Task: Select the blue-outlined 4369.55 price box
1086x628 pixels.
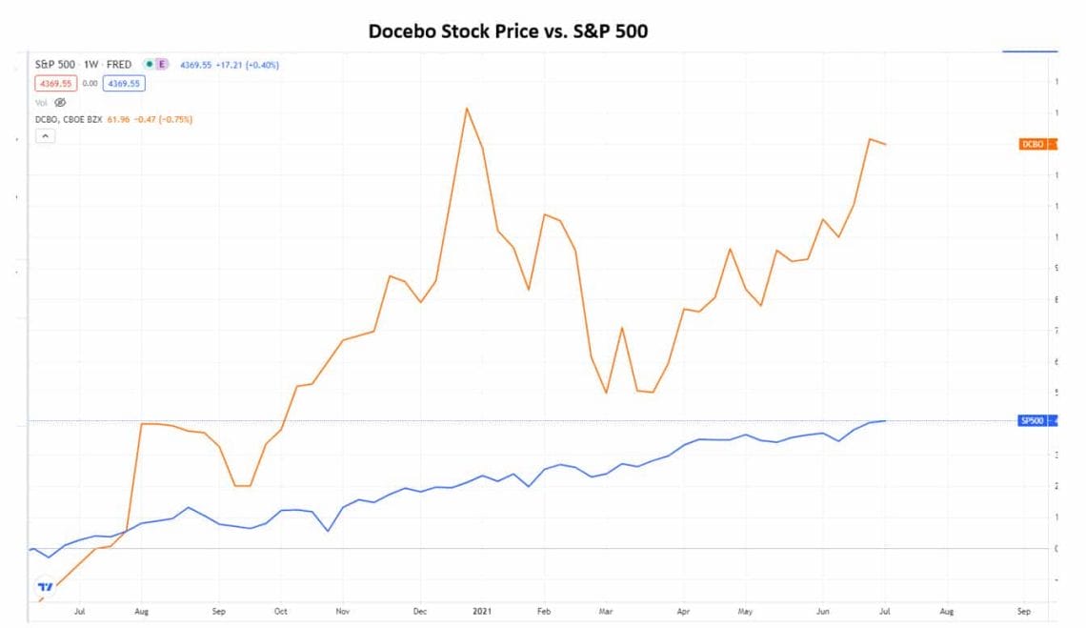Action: point(126,83)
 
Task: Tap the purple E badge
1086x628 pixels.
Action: point(162,64)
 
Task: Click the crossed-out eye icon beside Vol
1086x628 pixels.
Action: point(59,101)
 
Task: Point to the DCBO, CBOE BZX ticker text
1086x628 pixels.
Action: point(68,119)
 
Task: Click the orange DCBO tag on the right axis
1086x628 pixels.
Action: point(1034,144)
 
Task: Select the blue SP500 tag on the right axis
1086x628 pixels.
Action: point(1034,420)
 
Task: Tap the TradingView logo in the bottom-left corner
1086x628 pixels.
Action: point(44,586)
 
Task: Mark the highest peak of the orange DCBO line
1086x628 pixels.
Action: point(466,108)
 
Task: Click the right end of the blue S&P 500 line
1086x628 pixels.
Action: point(886,420)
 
